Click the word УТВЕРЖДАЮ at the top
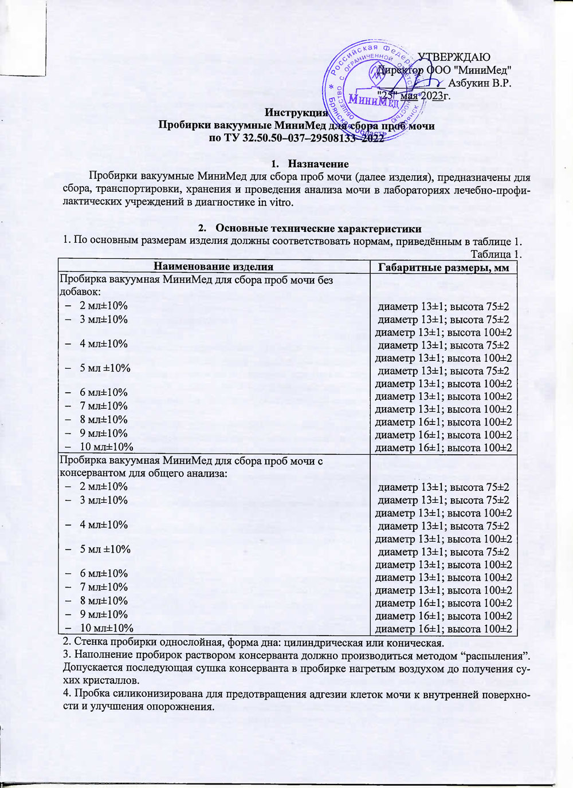click(453, 57)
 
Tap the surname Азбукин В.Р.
click(480, 83)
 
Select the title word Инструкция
click(296, 113)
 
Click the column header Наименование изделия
click(214, 266)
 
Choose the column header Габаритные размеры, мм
click(444, 267)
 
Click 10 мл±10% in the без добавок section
click(106, 447)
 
